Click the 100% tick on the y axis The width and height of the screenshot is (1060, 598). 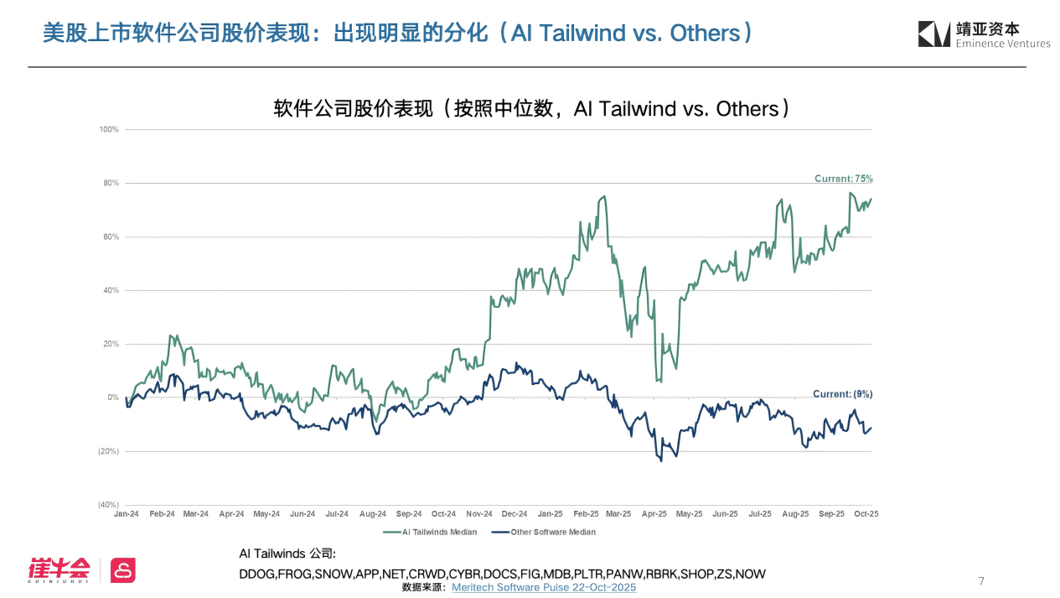[x=110, y=129]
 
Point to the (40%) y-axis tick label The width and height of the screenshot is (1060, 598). [x=108, y=505]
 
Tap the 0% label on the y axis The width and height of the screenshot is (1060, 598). [x=113, y=398]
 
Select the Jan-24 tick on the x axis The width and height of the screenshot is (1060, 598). [x=127, y=513]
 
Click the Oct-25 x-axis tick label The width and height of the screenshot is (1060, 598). [x=866, y=513]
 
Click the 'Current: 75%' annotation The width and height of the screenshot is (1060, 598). [x=844, y=179]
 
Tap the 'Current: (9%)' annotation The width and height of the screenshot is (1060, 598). [x=842, y=393]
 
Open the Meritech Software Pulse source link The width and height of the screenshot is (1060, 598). [x=544, y=587]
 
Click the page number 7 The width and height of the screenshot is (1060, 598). [x=981, y=581]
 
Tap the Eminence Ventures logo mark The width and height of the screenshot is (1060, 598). [x=933, y=34]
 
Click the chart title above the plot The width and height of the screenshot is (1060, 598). [x=531, y=109]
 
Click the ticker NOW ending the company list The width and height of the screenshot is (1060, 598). [x=750, y=574]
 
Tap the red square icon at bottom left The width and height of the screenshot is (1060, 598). [x=123, y=570]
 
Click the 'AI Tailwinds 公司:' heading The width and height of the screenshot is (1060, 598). [x=287, y=554]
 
